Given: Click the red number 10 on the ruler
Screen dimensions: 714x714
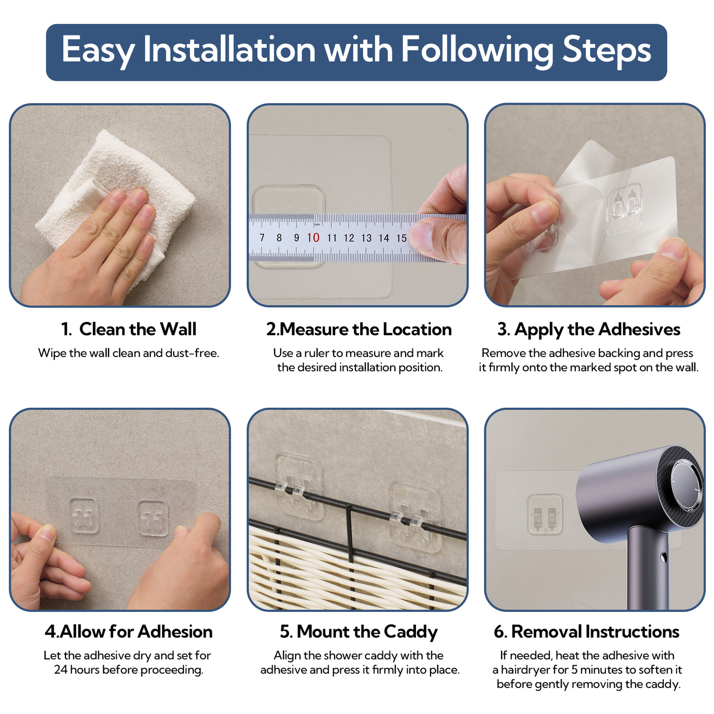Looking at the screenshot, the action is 313,238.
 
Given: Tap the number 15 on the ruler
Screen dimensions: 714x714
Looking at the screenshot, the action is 401,238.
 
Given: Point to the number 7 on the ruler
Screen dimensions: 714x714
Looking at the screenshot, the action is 262,238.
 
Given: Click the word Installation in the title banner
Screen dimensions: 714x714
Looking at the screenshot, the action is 229,49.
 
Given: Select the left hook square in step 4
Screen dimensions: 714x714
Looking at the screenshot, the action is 84,515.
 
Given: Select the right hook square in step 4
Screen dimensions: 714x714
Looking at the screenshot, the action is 153,518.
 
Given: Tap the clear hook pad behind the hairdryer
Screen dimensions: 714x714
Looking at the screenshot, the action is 545,514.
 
